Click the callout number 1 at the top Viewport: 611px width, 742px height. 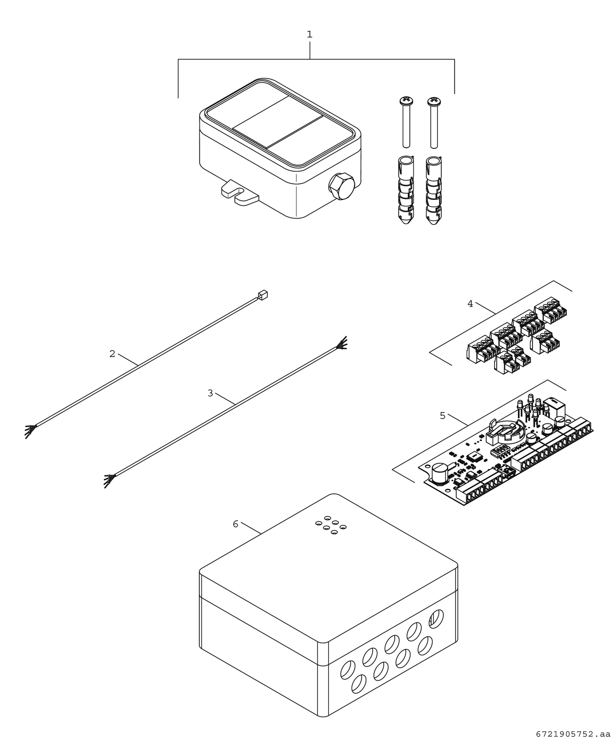click(x=309, y=34)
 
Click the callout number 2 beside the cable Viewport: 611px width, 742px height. click(x=112, y=354)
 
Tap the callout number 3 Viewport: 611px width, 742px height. click(x=210, y=393)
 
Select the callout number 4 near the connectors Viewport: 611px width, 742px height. click(x=470, y=304)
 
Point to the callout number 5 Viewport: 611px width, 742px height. click(x=442, y=416)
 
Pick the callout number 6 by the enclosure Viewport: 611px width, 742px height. click(x=235, y=524)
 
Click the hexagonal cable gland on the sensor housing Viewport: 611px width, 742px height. click(x=341, y=187)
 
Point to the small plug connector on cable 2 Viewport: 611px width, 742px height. click(x=263, y=294)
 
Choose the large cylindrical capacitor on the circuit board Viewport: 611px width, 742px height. click(x=439, y=474)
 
